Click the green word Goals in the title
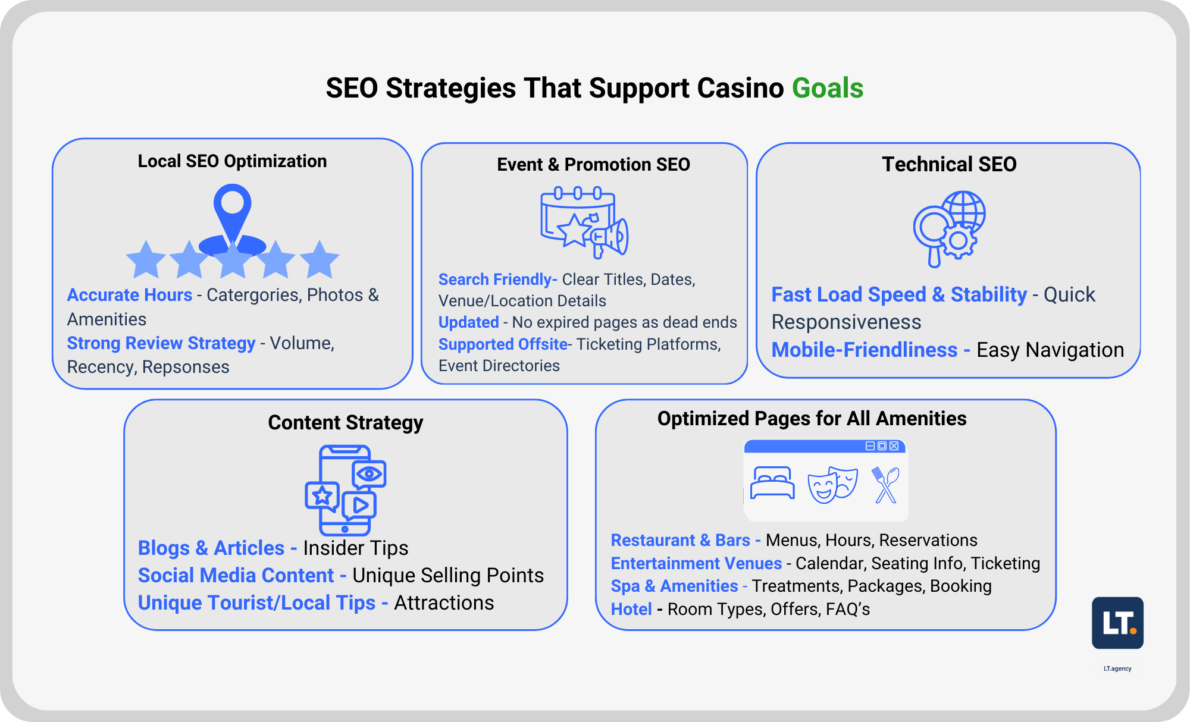coord(827,89)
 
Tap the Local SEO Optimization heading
coord(232,161)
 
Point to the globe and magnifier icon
coord(949,228)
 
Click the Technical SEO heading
coord(949,164)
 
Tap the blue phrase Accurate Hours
coord(130,295)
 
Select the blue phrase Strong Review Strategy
coord(161,343)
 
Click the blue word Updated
coord(468,322)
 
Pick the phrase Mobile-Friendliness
coord(864,350)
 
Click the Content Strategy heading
coord(345,422)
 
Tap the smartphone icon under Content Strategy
coord(345,490)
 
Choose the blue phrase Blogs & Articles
coord(211,548)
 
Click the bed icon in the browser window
coord(772,483)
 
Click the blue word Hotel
coord(631,609)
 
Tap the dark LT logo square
coord(1117,623)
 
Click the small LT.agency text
coord(1117,668)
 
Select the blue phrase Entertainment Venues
coord(696,563)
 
